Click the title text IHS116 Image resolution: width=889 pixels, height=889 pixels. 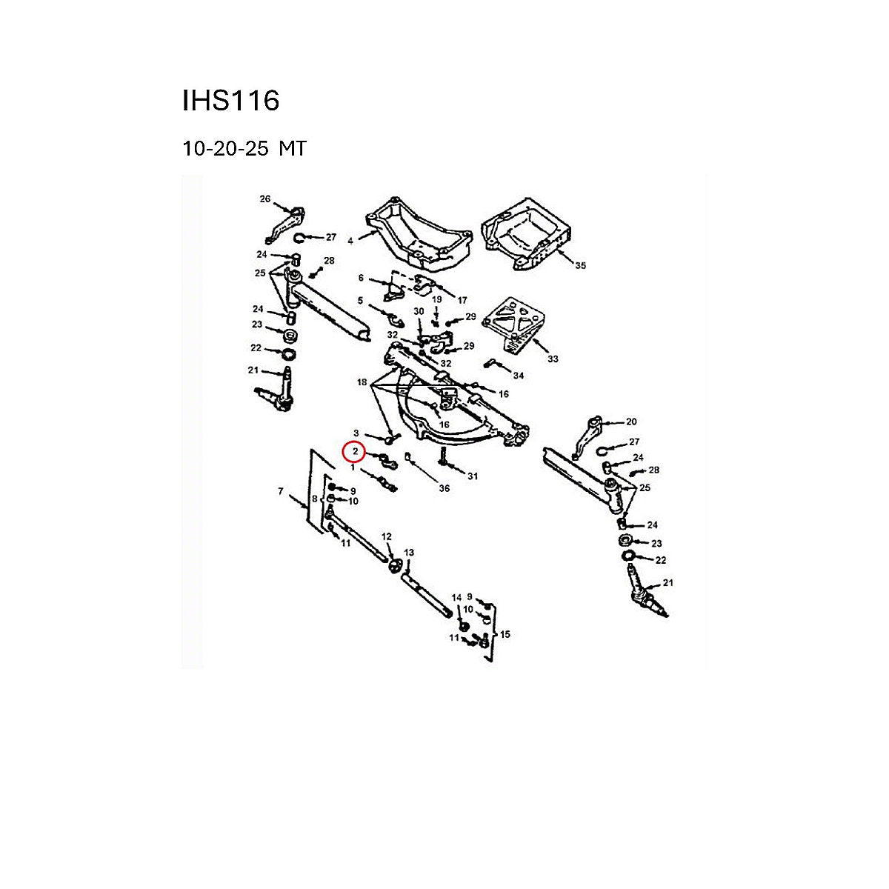pyautogui.click(x=230, y=100)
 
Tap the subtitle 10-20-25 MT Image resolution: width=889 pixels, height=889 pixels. pyautogui.click(x=244, y=149)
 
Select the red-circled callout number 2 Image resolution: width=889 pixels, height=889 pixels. pyautogui.click(x=355, y=452)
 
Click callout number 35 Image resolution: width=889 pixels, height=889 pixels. pyautogui.click(x=580, y=265)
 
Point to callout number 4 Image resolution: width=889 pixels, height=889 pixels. pyautogui.click(x=350, y=241)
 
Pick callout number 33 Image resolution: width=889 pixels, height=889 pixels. pyautogui.click(x=552, y=359)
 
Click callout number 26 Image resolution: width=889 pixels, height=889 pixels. pyautogui.click(x=264, y=199)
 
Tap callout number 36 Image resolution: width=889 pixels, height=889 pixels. pyautogui.click(x=444, y=488)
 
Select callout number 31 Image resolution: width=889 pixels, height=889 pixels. pyautogui.click(x=473, y=476)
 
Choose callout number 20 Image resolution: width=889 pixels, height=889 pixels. pyautogui.click(x=631, y=422)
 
